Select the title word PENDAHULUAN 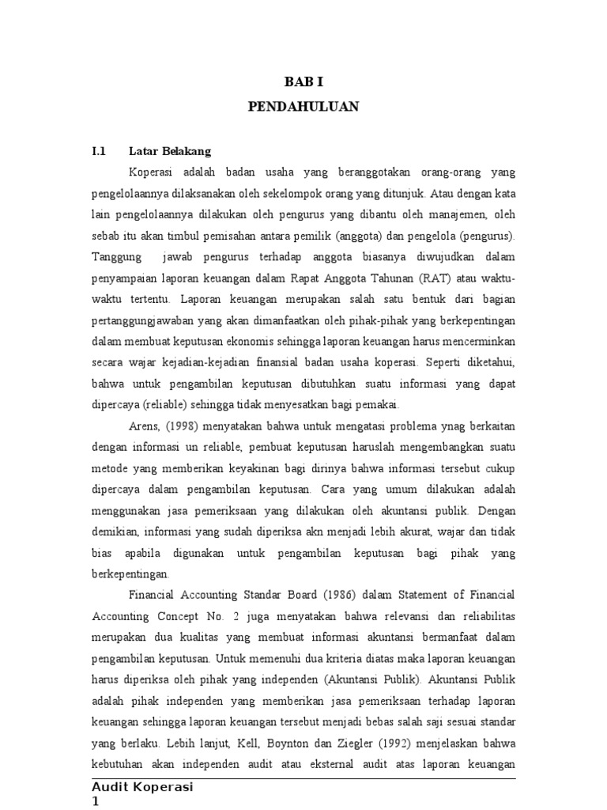tap(303, 107)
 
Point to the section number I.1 tap(99, 150)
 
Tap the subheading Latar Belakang tap(170, 150)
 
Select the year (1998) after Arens tap(180, 425)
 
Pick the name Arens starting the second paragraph tap(143, 425)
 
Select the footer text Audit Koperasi tap(143, 787)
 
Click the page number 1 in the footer tap(96, 801)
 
